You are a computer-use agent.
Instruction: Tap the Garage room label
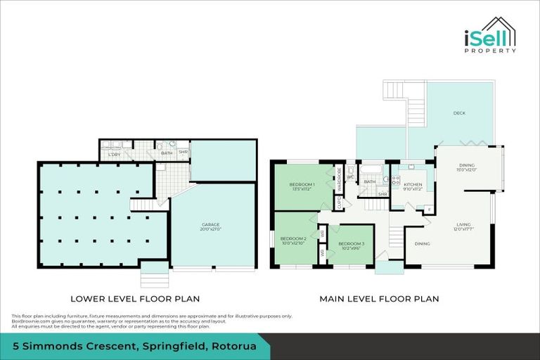coord(211,226)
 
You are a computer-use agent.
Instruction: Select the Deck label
coord(459,112)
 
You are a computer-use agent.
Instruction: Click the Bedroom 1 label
coord(302,186)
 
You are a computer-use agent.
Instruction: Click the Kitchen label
coord(413,186)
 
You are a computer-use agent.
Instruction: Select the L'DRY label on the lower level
coord(114,154)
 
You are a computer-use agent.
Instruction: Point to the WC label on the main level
coord(350,177)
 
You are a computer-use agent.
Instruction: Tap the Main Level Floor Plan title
coord(379,299)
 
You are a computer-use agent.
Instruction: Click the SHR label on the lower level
coord(183,153)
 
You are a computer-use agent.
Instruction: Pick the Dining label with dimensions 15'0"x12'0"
coord(468,167)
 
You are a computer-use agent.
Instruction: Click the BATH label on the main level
coord(369,182)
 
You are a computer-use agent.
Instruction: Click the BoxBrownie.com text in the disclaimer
coord(26,321)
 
